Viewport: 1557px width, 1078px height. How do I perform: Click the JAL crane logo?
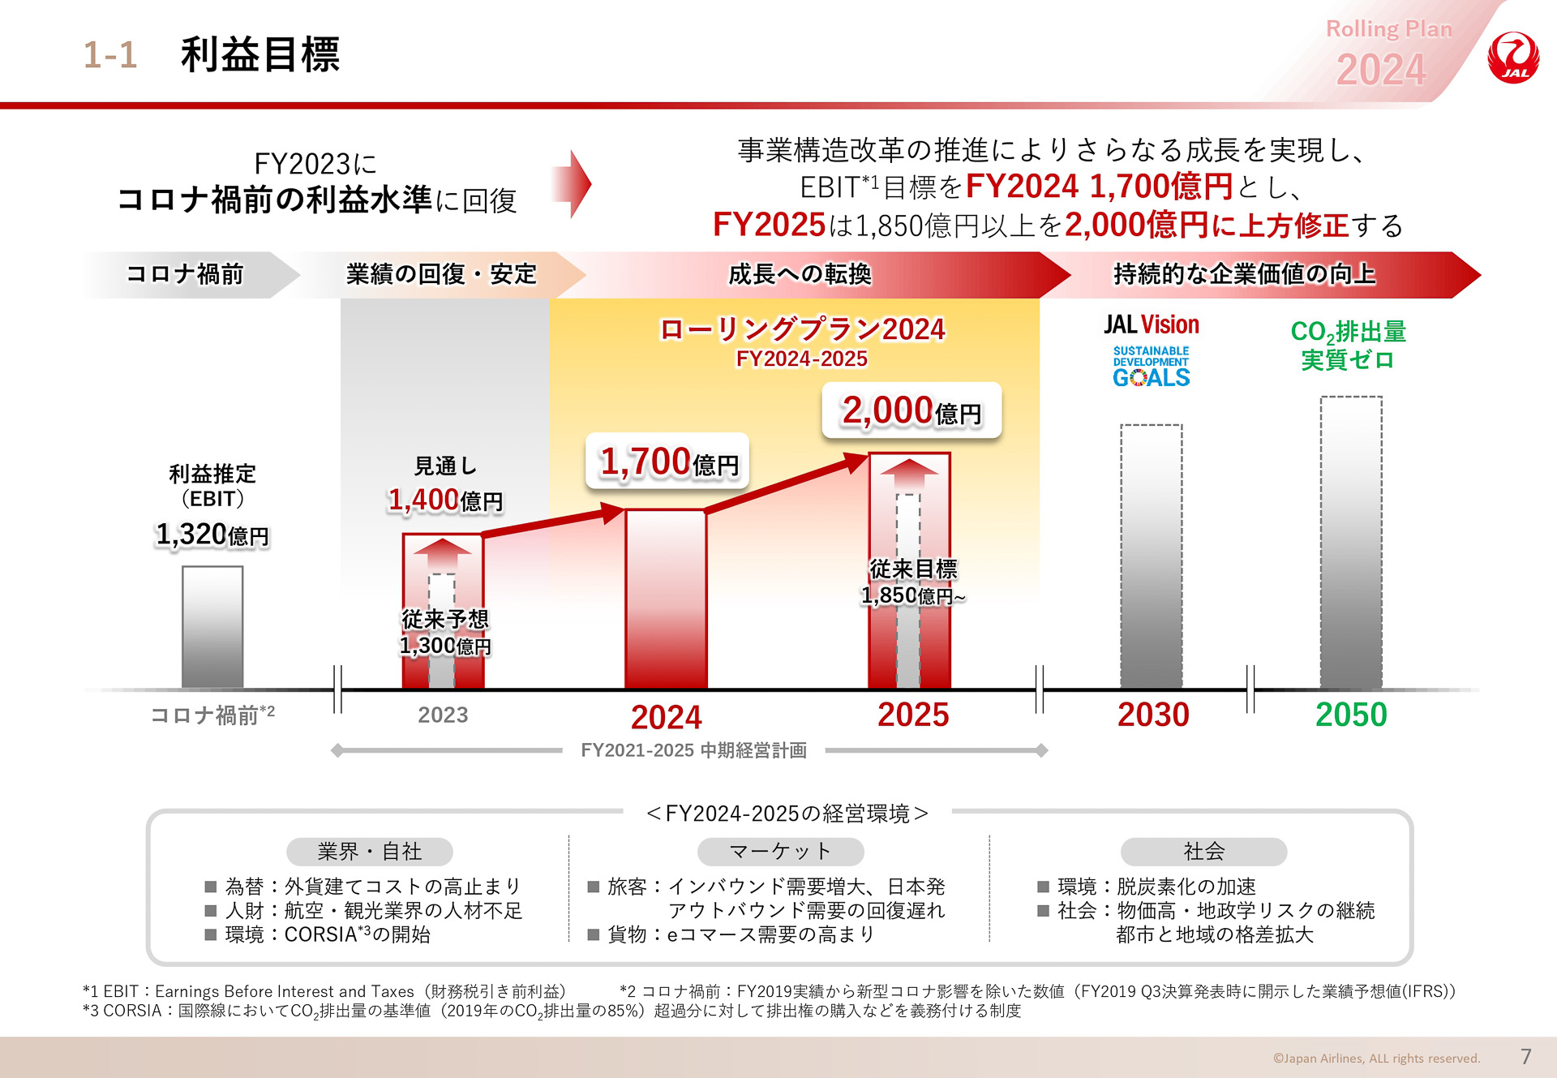click(1512, 58)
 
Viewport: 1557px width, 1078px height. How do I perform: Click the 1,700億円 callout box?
click(667, 462)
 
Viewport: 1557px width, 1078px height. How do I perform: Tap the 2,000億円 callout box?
click(911, 410)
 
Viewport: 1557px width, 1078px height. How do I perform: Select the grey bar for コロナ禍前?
click(212, 627)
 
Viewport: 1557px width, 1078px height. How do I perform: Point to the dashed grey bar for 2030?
click(1151, 556)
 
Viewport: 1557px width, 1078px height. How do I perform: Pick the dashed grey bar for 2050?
click(1350, 542)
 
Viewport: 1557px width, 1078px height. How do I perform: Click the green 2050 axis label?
click(1350, 715)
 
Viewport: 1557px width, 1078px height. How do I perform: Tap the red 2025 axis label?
click(912, 715)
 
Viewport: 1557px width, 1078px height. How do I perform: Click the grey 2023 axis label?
click(443, 715)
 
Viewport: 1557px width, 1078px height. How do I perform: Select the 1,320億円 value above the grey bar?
click(212, 535)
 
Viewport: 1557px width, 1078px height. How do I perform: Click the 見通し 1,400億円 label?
click(445, 486)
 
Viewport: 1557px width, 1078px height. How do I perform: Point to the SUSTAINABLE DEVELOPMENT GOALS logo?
click(1151, 367)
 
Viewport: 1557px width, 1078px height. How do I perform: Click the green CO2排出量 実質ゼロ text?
click(1348, 345)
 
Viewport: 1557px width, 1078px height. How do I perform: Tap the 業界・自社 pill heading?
click(369, 851)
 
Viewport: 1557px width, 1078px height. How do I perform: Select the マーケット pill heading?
click(780, 851)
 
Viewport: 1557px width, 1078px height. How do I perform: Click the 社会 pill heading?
click(1203, 851)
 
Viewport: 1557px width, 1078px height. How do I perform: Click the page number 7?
click(1525, 1056)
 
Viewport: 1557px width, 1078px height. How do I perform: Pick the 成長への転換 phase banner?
click(799, 274)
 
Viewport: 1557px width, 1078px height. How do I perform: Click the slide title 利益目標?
click(259, 55)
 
